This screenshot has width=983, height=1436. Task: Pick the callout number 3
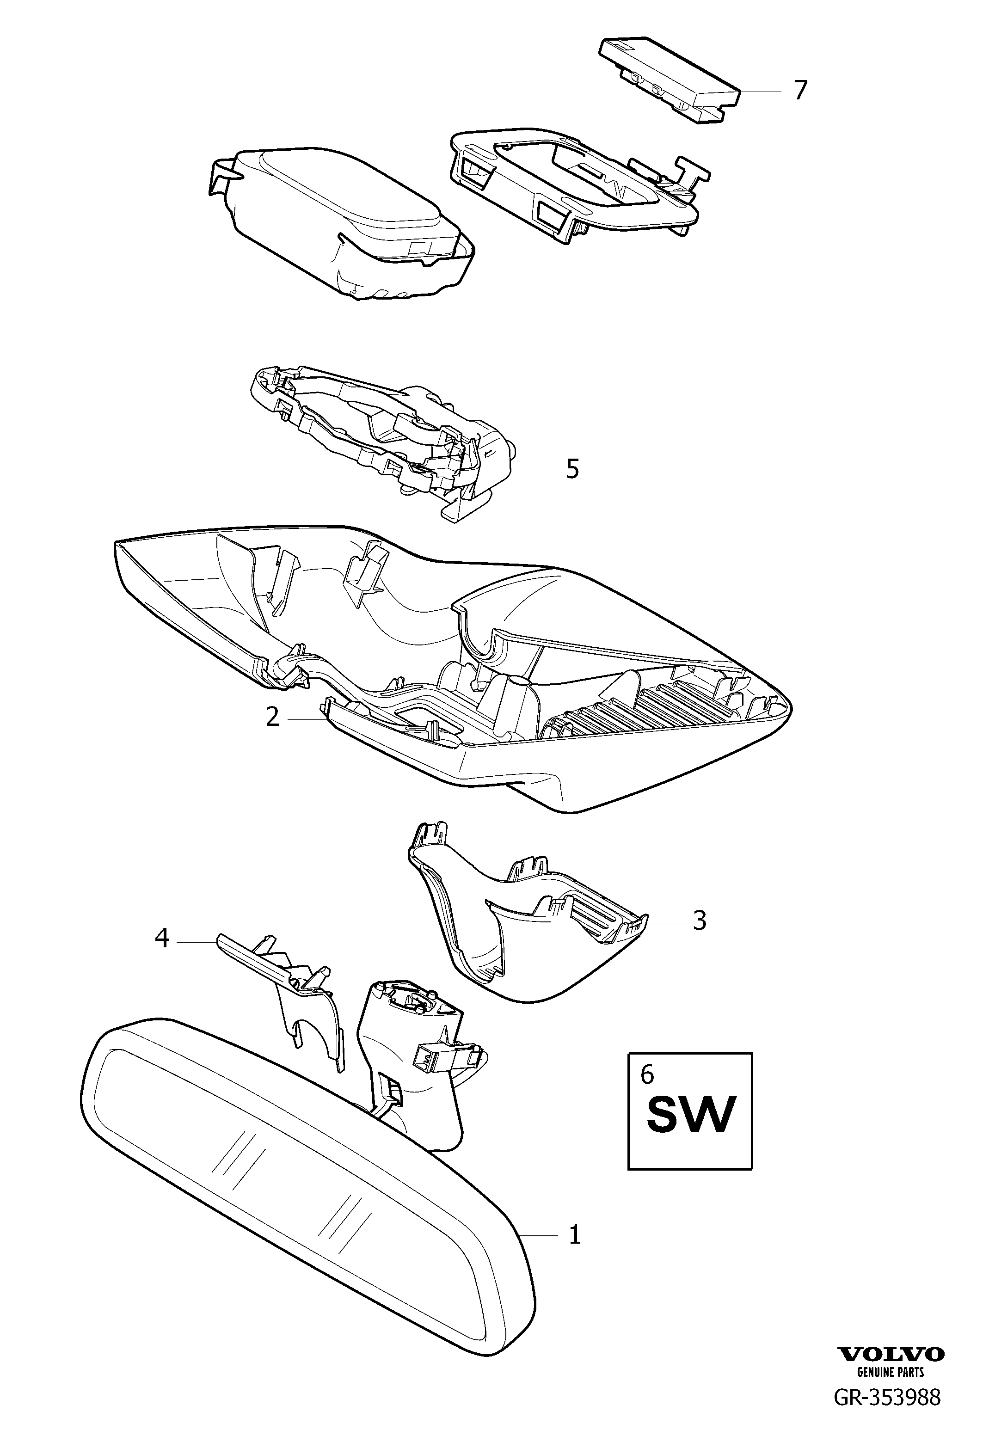pyautogui.click(x=699, y=938)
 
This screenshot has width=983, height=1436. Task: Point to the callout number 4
pyautogui.click(x=161, y=957)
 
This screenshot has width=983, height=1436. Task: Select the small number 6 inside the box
pyautogui.click(x=646, y=1074)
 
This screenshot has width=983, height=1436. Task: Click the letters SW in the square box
pyautogui.click(x=691, y=1114)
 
